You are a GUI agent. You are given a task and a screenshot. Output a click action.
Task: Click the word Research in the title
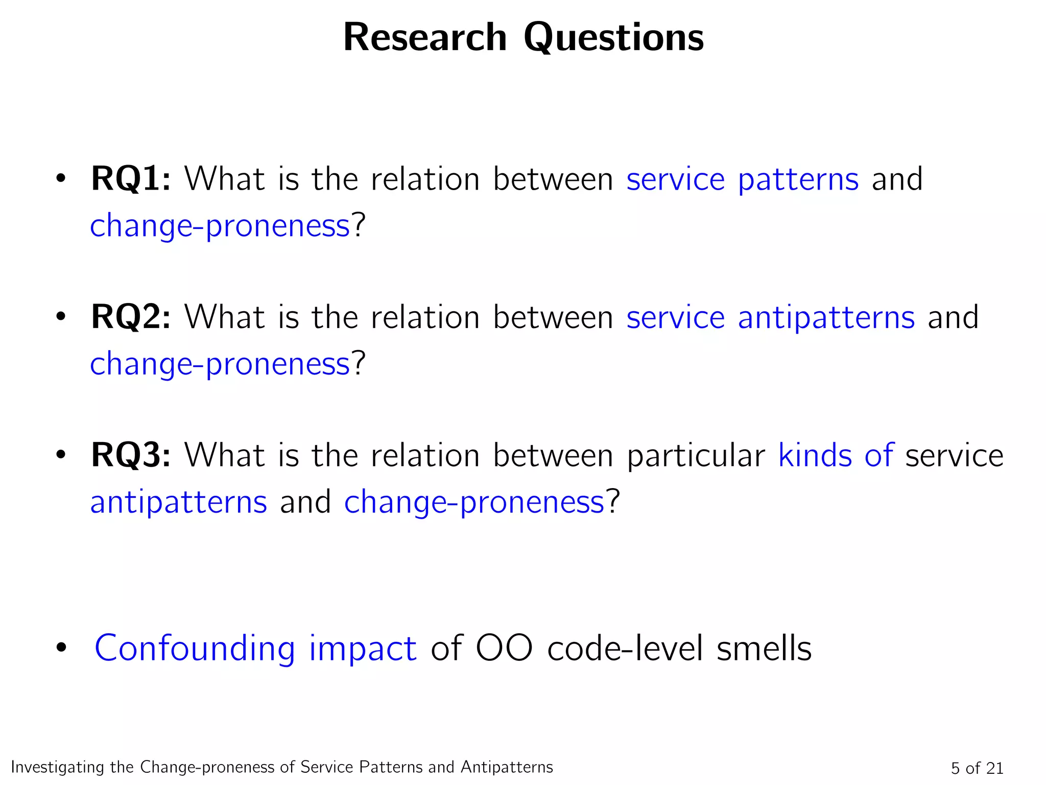click(425, 37)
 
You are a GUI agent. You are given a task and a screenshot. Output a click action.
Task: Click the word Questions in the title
click(613, 38)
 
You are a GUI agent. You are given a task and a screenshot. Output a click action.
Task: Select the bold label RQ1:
click(131, 179)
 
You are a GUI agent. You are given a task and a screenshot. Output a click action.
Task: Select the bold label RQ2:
click(131, 317)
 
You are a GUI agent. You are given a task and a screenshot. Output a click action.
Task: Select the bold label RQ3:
click(131, 455)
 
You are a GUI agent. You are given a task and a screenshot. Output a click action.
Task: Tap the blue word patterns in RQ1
click(798, 180)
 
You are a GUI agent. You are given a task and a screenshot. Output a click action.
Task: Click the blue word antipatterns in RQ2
click(826, 318)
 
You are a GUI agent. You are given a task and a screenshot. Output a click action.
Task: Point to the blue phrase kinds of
click(836, 455)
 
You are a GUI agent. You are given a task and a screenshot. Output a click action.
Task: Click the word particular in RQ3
click(696, 456)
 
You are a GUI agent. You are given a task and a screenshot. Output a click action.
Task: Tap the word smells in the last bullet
click(764, 648)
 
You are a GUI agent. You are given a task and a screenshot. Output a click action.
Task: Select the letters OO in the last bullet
click(504, 648)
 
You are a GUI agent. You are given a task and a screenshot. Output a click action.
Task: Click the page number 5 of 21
click(977, 768)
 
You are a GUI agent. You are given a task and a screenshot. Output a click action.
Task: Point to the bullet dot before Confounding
click(61, 648)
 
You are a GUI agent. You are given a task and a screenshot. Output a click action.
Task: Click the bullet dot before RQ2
click(61, 317)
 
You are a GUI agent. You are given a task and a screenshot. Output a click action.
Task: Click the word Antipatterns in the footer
click(507, 767)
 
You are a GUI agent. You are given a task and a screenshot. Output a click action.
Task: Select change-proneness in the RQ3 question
click(474, 502)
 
